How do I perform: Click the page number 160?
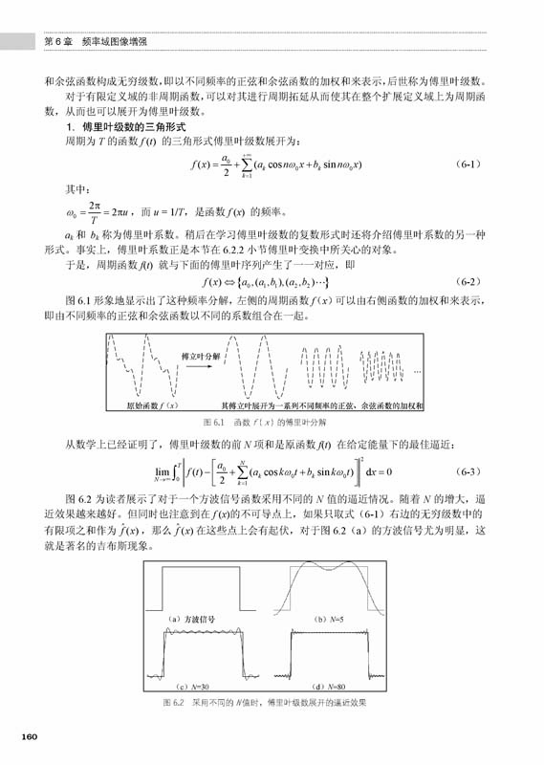29,736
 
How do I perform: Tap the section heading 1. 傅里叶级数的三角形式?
127,126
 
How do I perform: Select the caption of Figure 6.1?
264,421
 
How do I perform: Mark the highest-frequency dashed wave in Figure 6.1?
386,363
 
